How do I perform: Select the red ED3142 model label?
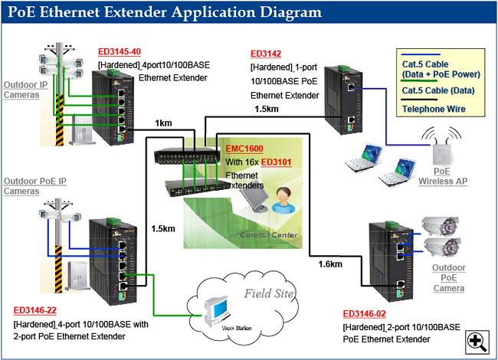click(x=267, y=54)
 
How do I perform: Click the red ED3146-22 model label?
click(x=35, y=311)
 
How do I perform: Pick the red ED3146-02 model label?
click(x=365, y=314)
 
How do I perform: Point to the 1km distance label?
click(x=162, y=123)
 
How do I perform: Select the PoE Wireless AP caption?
click(x=442, y=177)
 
